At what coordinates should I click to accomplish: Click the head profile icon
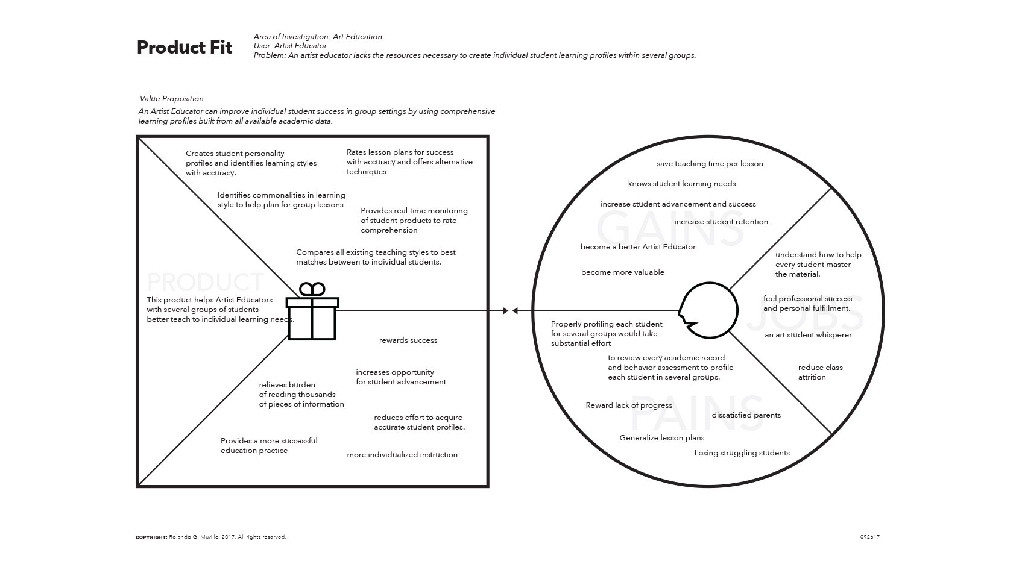708,310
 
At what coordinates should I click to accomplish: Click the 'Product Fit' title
184,48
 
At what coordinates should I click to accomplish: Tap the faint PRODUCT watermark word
205,282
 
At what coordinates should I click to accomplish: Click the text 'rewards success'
408,340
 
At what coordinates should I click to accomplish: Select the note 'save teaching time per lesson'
710,164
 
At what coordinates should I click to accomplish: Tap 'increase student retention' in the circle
721,222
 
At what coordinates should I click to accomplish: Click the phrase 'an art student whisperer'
808,335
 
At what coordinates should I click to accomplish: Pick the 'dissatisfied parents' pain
746,415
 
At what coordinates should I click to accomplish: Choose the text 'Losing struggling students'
742,453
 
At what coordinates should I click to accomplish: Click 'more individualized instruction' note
402,455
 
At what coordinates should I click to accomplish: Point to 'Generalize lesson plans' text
661,438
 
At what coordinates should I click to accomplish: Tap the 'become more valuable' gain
622,272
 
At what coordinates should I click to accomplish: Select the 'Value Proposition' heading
171,99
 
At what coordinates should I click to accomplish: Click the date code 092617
869,537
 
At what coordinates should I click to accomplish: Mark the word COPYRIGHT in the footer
151,537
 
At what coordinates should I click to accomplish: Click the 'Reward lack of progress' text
628,405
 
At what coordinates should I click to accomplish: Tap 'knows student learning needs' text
681,184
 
